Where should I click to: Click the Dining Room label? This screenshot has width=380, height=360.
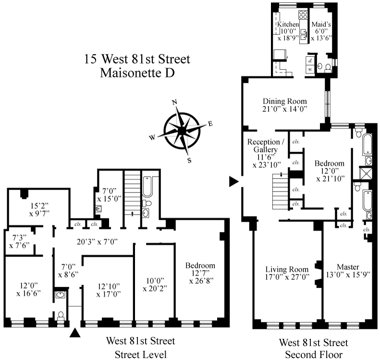[x=285, y=101]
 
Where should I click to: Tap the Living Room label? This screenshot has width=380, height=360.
[x=287, y=269]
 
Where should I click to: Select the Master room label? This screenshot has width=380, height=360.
[x=348, y=267]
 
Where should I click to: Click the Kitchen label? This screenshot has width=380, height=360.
[x=288, y=24]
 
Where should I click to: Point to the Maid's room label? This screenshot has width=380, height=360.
[x=321, y=24]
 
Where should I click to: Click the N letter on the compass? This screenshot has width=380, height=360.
[x=174, y=102]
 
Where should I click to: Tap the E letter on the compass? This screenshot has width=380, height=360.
[x=210, y=124]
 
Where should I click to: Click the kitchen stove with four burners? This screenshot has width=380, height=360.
[x=303, y=14]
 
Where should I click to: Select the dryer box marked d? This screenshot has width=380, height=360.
[x=310, y=61]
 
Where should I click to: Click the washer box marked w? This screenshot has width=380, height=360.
[x=310, y=69]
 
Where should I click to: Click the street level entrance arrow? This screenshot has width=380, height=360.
[x=75, y=333]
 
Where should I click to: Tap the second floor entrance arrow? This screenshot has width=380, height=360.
[x=234, y=181]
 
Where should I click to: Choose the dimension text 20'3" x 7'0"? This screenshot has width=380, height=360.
[x=97, y=241]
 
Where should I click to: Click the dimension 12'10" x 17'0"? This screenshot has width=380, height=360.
[x=109, y=290]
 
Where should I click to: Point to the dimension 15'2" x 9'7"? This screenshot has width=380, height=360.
[x=39, y=210]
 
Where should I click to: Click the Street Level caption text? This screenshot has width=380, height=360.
[x=141, y=355]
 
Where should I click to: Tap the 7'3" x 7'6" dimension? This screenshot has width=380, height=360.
[x=19, y=241]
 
